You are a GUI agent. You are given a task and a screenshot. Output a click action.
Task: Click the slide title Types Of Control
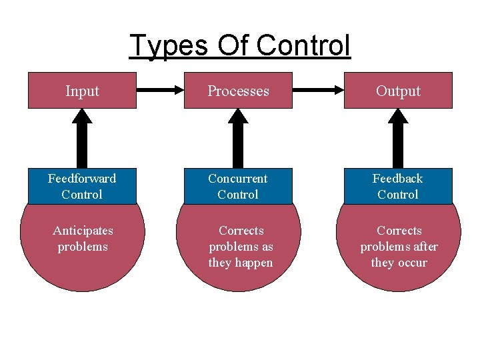pos(240,46)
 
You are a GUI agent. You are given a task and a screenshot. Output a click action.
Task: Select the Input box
pos(82,91)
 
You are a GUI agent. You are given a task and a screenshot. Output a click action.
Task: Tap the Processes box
pos(238,91)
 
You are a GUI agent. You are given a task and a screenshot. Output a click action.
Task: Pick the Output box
pos(398,91)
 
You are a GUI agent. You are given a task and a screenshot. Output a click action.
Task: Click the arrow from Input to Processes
pos(160,89)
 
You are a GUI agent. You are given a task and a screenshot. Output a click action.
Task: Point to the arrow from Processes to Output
pos(318,89)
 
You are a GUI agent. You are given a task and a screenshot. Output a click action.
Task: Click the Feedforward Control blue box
pos(82,187)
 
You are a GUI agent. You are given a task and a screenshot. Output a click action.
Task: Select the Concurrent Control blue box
pos(238,187)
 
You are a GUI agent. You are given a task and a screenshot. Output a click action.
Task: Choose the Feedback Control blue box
pos(398,187)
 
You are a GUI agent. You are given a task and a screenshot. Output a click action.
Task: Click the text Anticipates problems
pos(83,239)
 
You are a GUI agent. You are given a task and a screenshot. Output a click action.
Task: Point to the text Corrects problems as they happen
pos(241,247)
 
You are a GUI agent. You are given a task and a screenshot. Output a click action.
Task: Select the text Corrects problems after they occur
pos(399,247)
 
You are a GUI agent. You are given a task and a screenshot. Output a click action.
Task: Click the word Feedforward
pos(82,179)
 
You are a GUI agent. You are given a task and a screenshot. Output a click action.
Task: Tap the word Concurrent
pos(238,179)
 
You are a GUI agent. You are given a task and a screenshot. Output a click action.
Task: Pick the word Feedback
pos(398,179)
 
